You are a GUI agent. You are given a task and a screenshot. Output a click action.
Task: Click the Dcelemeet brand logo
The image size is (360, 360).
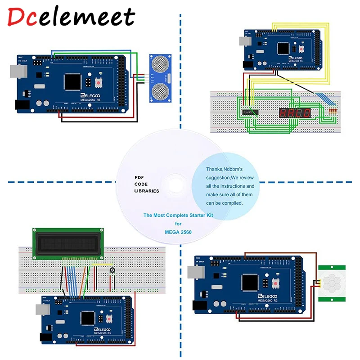(72, 17)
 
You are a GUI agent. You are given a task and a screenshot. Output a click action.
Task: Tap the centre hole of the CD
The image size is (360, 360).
(175, 184)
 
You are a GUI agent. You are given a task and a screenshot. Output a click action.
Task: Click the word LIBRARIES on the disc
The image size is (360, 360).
(147, 191)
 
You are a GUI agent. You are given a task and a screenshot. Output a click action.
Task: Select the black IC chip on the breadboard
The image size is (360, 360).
(249, 111)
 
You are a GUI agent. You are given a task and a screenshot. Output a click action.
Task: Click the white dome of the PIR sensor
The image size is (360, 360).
(334, 283)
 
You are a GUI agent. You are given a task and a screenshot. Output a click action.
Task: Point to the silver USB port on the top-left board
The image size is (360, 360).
(19, 72)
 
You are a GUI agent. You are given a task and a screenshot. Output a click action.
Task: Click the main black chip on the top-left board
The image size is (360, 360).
(72, 81)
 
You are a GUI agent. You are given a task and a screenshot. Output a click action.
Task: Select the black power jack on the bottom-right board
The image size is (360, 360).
(198, 306)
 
